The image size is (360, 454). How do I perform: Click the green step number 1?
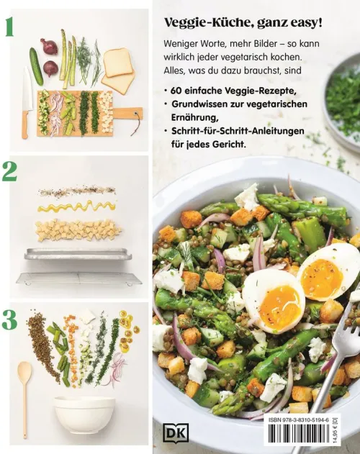(x=9, y=28)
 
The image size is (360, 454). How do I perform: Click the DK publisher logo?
(x=176, y=432)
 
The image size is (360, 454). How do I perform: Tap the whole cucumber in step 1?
(x=36, y=66)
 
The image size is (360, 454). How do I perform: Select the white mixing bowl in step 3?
(x=85, y=414)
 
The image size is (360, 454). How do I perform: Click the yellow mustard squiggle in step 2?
(x=77, y=206)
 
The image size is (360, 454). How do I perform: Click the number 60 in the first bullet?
(x=176, y=91)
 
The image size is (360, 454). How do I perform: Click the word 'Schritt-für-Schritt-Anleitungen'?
(x=238, y=131)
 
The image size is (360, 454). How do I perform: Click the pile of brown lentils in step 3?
(x=41, y=344)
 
